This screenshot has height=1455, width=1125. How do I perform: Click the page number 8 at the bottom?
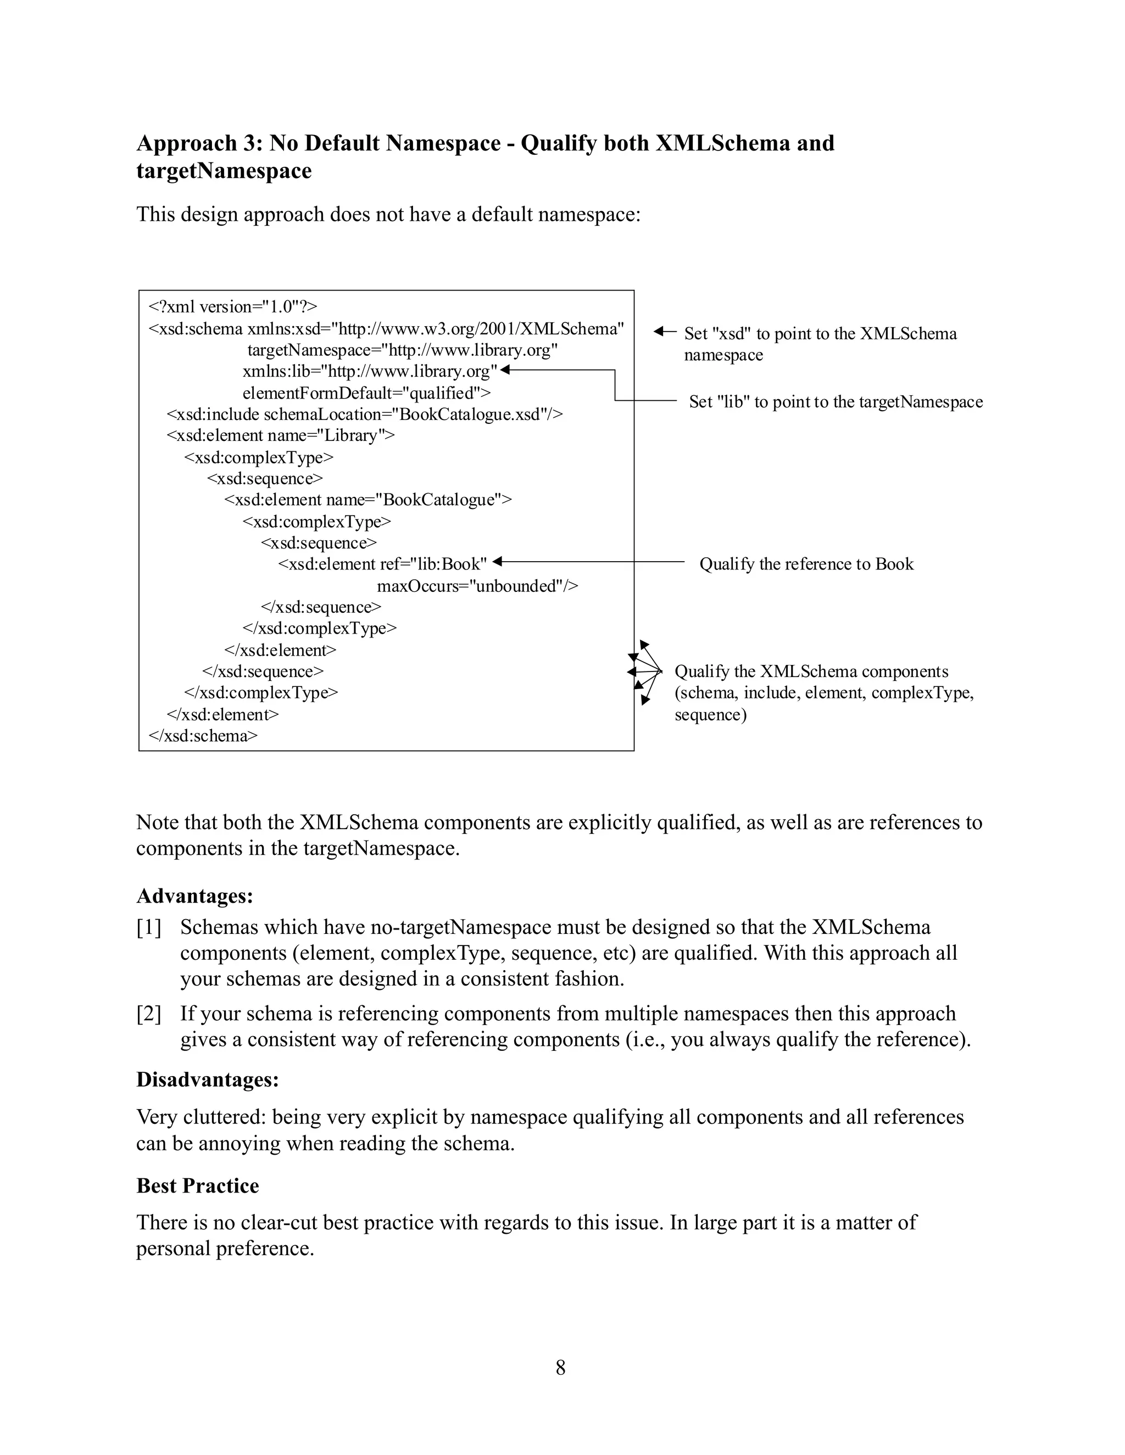[x=560, y=1368]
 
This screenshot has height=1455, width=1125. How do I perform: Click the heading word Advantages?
[x=194, y=896]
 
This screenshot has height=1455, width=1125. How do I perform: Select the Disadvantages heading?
[x=207, y=1079]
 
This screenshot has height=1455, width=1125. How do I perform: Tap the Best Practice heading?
[x=197, y=1186]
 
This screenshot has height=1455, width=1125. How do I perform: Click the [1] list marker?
[x=149, y=927]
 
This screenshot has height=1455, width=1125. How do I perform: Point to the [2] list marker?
[x=149, y=1014]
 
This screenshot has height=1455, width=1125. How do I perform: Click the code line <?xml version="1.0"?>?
[x=232, y=306]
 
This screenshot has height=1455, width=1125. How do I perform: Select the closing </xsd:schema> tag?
[x=203, y=736]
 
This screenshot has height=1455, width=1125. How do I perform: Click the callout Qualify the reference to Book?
[x=806, y=564]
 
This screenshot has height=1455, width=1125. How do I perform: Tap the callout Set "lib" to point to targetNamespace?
[x=836, y=402]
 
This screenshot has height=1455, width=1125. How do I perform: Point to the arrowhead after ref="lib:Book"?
[x=497, y=562]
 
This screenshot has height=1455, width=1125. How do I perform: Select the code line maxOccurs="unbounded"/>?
[x=477, y=586]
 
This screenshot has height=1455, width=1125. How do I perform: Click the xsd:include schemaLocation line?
[x=365, y=415]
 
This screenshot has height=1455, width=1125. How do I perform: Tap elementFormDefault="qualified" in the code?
[x=366, y=393]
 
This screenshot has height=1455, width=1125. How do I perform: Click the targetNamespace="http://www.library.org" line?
[x=403, y=350]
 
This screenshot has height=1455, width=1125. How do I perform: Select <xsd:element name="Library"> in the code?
[x=281, y=436]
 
